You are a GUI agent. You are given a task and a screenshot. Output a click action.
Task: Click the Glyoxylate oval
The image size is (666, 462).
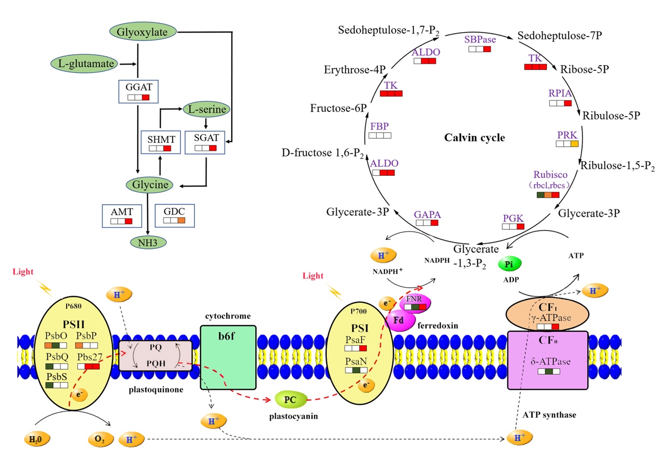[142, 32]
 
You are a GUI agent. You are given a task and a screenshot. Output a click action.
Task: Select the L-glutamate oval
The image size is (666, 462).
[86, 64]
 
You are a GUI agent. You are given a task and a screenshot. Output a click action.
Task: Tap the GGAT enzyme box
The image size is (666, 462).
[138, 91]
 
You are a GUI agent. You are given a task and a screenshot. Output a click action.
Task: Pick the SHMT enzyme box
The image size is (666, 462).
[160, 142]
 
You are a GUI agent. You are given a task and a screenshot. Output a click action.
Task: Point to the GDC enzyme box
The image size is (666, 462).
[174, 215]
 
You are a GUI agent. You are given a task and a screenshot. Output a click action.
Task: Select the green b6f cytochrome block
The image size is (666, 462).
[228, 356]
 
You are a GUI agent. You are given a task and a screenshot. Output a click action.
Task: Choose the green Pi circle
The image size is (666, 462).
[508, 264]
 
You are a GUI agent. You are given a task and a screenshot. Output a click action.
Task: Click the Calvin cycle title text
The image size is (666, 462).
[474, 138]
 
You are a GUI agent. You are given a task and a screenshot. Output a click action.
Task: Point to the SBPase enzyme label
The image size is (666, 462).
[480, 39]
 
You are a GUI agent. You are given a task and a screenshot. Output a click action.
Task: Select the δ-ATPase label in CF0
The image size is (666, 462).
[548, 362]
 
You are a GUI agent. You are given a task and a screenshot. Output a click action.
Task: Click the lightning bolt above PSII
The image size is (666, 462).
[46, 288]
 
